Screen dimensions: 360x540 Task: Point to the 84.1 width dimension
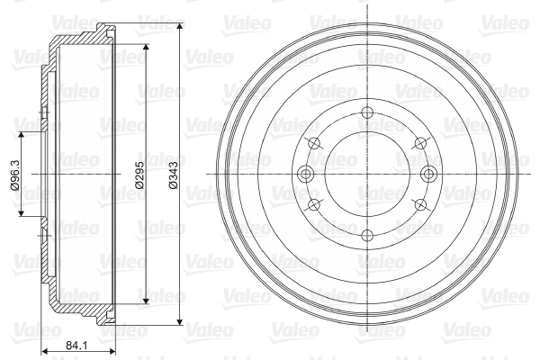(76, 344)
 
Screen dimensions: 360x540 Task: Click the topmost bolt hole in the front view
(367, 112)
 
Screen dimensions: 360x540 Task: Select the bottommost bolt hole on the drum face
(367, 236)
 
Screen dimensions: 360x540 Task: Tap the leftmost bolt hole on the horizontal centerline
(305, 175)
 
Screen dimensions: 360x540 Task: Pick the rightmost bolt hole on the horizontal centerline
(429, 175)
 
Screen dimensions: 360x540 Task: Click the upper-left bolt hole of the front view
(313, 143)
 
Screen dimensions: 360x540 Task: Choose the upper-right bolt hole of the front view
(421, 143)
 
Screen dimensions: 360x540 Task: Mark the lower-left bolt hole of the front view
(313, 205)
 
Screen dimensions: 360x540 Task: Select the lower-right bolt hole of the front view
(421, 205)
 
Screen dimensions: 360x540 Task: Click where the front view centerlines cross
(367, 175)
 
